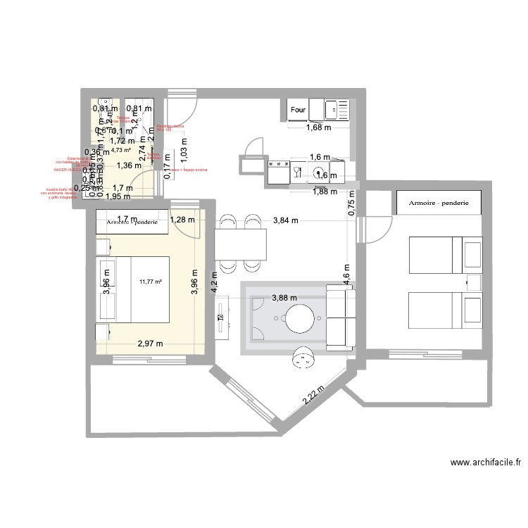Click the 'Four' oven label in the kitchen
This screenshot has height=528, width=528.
tap(298, 110)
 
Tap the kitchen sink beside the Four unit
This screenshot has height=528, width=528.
tap(335, 108)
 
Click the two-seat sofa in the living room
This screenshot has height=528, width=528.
tap(341, 318)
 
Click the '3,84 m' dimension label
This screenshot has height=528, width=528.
tap(284, 220)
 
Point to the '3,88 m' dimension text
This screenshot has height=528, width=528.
tap(284, 298)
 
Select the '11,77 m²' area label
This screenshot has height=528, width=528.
tap(151, 282)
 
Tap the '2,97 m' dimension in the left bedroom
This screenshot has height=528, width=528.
tap(150, 344)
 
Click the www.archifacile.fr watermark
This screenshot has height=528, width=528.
tap(485, 463)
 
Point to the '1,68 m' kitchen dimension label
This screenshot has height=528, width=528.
tap(318, 127)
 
